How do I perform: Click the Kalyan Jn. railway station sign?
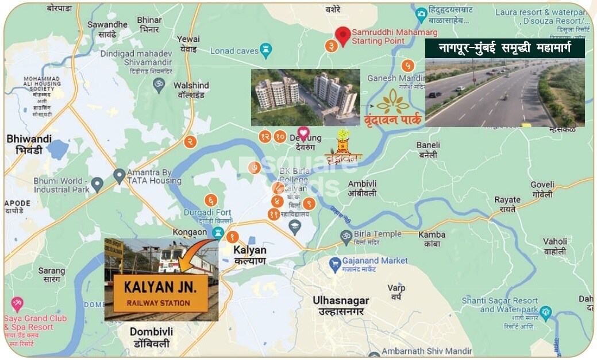point(160,292)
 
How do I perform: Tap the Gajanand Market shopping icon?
point(335,265)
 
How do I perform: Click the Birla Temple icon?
point(346,235)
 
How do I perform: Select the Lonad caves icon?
point(265,51)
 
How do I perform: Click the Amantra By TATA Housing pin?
point(120,175)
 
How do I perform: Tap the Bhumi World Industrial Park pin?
point(97,185)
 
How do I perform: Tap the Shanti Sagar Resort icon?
point(545,313)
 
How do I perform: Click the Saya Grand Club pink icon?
point(17,304)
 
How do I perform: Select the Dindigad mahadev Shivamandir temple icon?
point(159,84)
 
